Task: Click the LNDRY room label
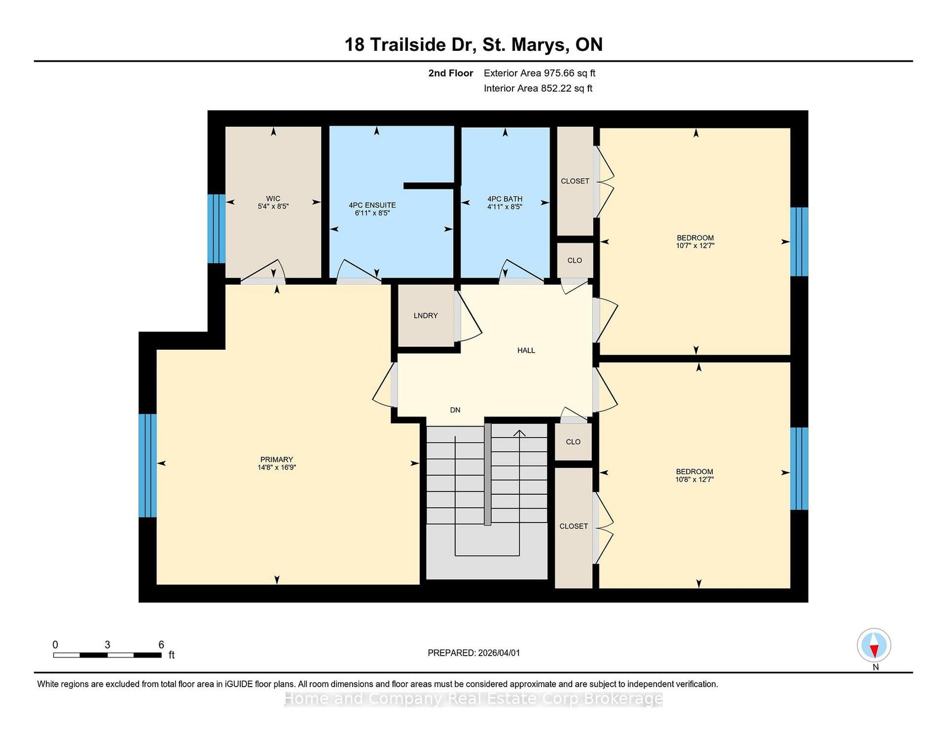pos(426,315)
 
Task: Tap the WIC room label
pos(273,199)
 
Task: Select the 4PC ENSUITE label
pos(372,205)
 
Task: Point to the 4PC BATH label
pos(505,199)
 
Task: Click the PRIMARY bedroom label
pos(277,459)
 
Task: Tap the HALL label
pos(526,350)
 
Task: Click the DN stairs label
pos(455,410)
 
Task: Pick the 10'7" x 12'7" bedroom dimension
pos(695,246)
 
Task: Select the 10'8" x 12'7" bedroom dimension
pos(694,479)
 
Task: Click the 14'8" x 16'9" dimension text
pos(277,467)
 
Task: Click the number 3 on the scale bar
pos(107,644)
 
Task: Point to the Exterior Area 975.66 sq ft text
pos(540,73)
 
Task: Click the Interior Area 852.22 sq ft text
pos(538,88)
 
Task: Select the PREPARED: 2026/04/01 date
pos(474,653)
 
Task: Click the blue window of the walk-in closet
pos(216,229)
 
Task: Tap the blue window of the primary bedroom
pos(147,465)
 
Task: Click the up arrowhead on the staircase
pos(519,433)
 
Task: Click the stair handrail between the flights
pos(488,475)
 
